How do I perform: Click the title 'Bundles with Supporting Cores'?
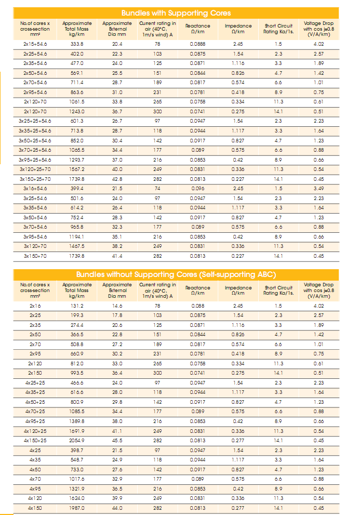(176, 13)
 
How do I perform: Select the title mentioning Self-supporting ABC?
(176, 274)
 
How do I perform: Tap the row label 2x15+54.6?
(35, 44)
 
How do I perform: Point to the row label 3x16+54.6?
(35, 188)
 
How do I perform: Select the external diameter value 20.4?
(117, 44)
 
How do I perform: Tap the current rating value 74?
(157, 188)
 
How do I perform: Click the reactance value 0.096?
(197, 188)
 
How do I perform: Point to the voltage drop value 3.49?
(318, 188)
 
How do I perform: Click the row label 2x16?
(35, 306)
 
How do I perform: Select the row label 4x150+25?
(35, 441)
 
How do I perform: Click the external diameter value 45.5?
(117, 441)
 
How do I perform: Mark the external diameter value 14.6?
(117, 306)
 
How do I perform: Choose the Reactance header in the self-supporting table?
(197, 290)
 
